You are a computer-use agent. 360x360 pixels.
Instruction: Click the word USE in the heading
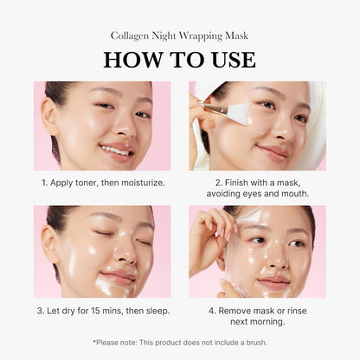[x=232, y=60]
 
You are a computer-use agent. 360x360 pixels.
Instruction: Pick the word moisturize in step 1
[x=138, y=183]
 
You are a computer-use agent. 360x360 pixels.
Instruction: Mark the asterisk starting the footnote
[x=94, y=342]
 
